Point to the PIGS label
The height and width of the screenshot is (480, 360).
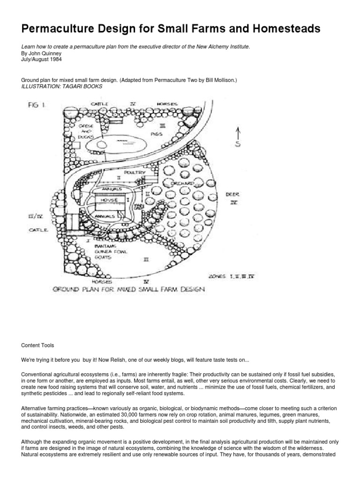pyautogui.click(x=157, y=134)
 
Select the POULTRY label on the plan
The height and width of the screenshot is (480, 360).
pyautogui.click(x=135, y=172)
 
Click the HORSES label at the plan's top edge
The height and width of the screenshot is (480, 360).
pyautogui.click(x=166, y=104)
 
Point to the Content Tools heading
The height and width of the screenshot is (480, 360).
pyautogui.click(x=38, y=345)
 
